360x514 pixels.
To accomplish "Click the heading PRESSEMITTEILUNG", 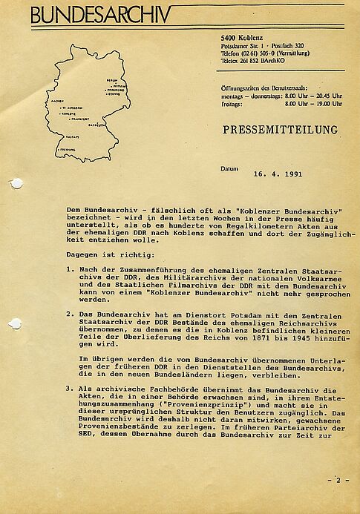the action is pos(280,131).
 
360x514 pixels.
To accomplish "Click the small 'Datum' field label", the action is pos(230,169).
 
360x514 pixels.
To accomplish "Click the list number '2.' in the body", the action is pos(69,314).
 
